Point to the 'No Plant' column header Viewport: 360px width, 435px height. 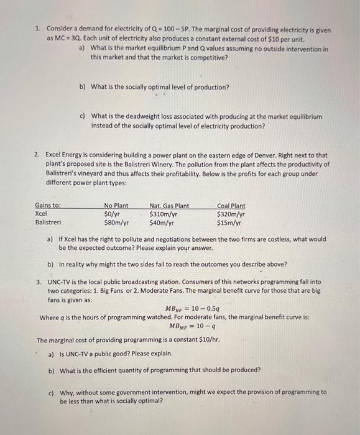coord(116,206)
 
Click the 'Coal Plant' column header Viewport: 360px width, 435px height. coord(231,206)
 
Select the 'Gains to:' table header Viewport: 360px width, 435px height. coord(48,206)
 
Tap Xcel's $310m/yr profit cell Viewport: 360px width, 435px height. coord(164,213)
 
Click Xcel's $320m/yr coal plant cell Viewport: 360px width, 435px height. coord(231,213)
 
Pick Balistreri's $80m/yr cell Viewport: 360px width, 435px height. coord(116,221)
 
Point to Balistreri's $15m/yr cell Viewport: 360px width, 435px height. coord(229,221)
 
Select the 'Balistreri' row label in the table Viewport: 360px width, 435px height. coord(48,221)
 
